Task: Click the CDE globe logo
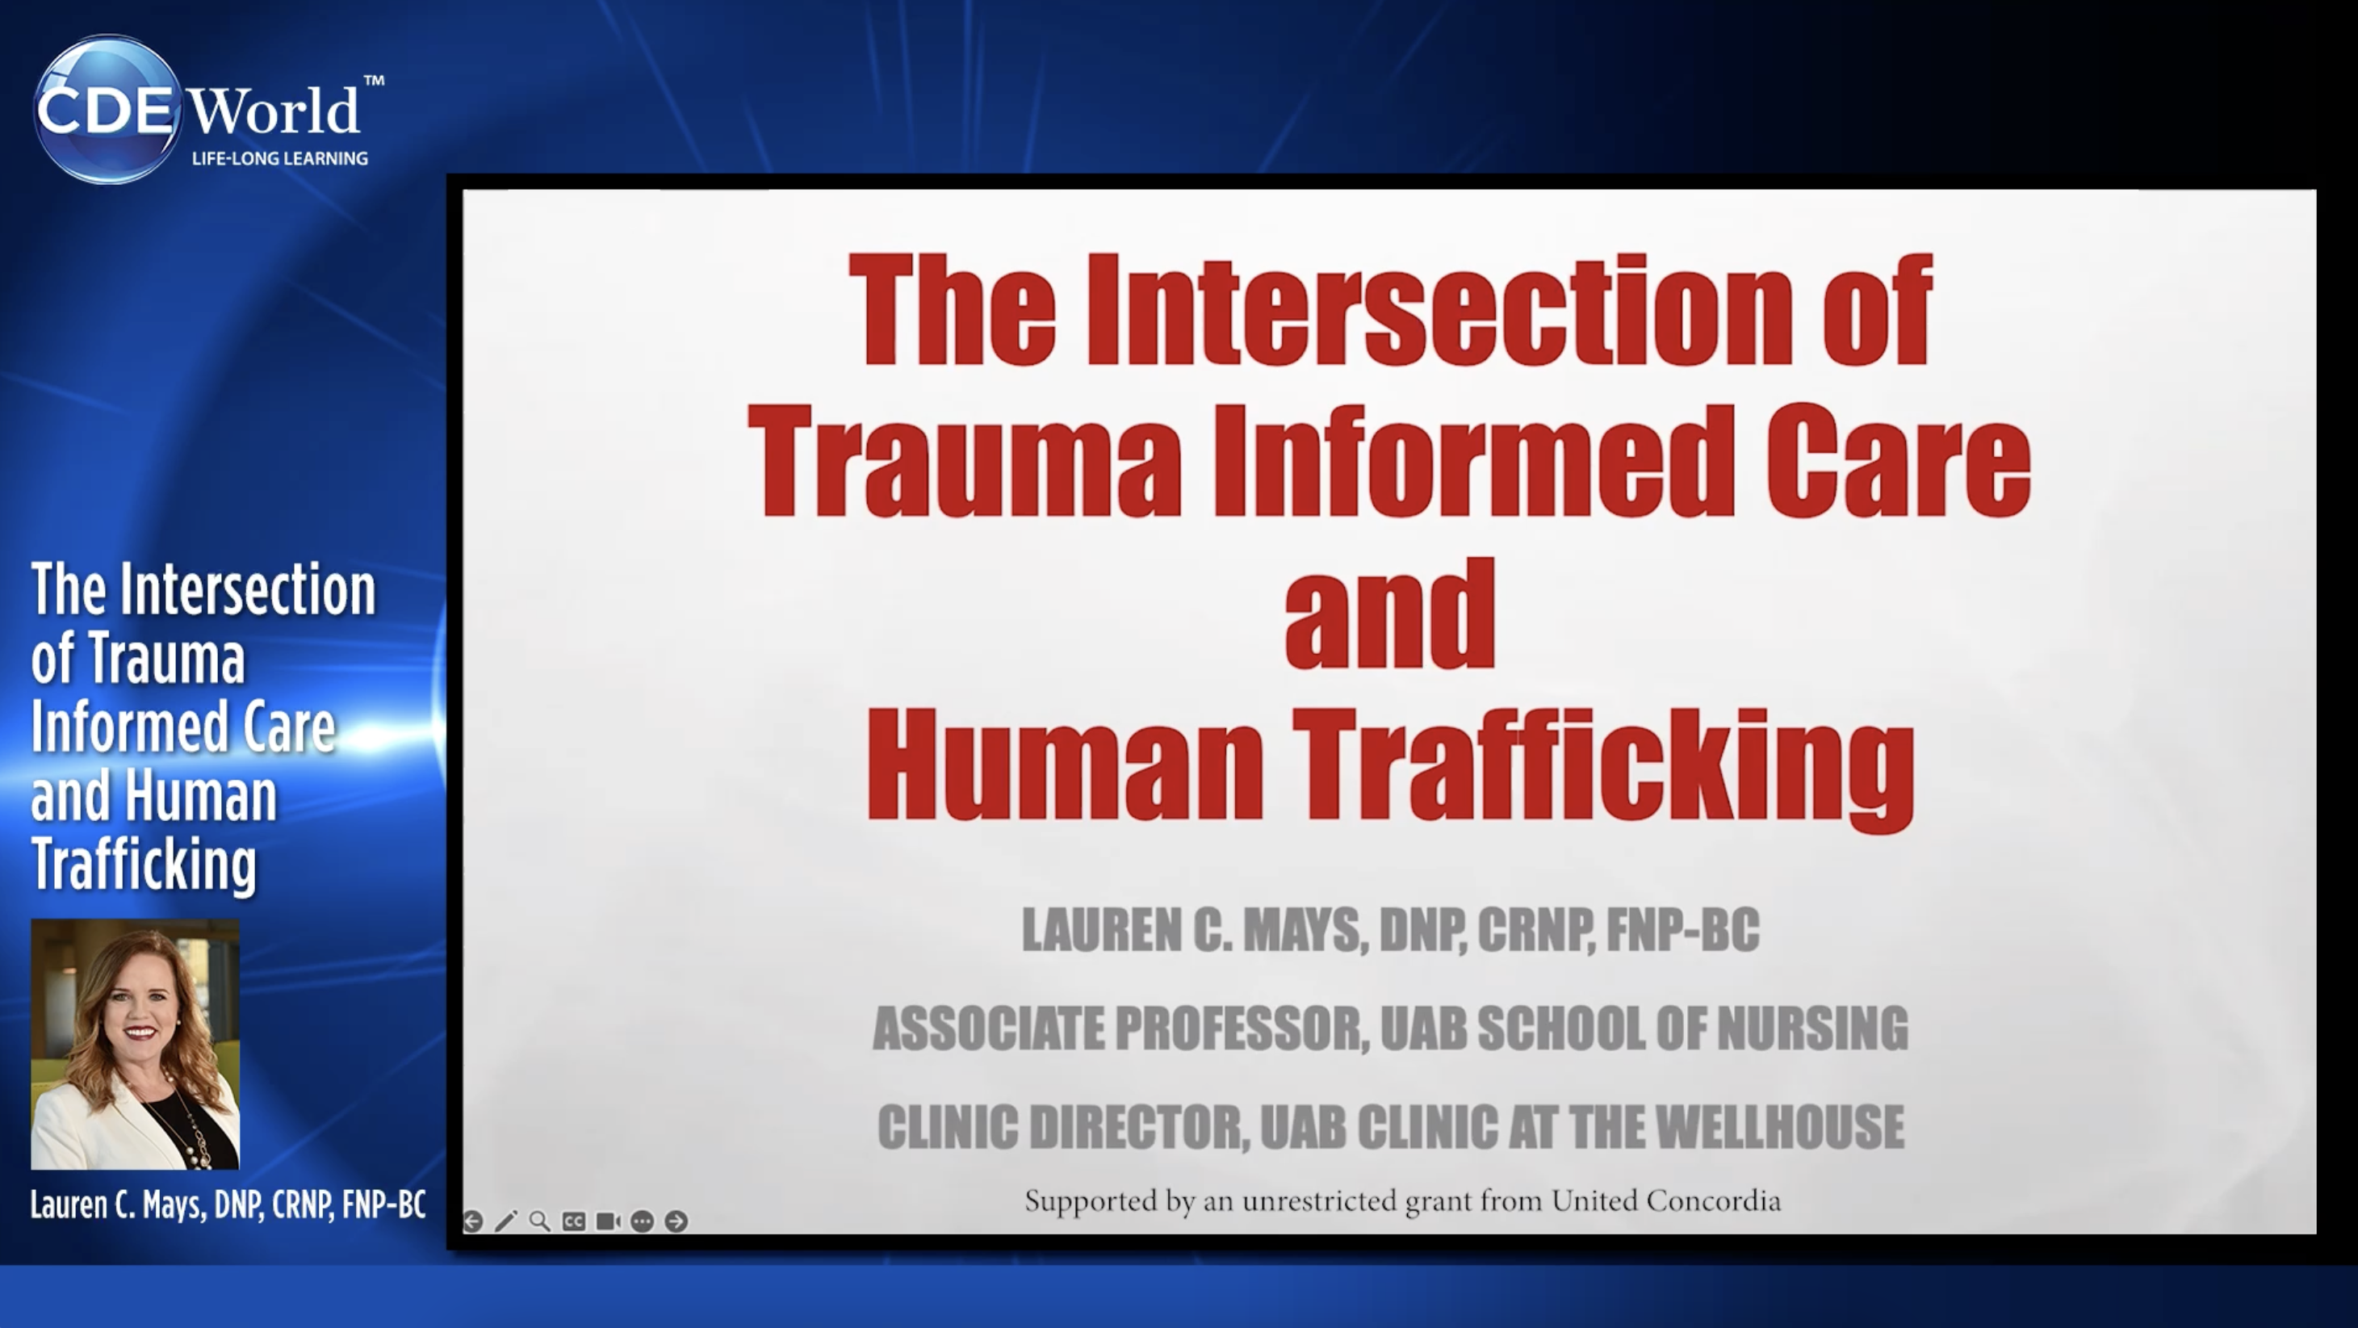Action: pyautogui.click(x=107, y=110)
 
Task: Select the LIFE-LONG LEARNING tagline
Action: pyautogui.click(x=279, y=158)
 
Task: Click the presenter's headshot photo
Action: pyautogui.click(x=136, y=1045)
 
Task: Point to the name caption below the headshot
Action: pyautogui.click(x=228, y=1204)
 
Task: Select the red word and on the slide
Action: pyautogui.click(x=1389, y=614)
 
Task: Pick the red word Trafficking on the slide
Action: pyautogui.click(x=1603, y=769)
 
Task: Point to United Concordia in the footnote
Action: pyautogui.click(x=1666, y=1200)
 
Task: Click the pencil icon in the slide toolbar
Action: pyautogui.click(x=506, y=1221)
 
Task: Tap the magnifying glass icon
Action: pyautogui.click(x=540, y=1221)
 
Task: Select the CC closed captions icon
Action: pyautogui.click(x=574, y=1221)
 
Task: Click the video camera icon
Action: pyautogui.click(x=608, y=1221)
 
